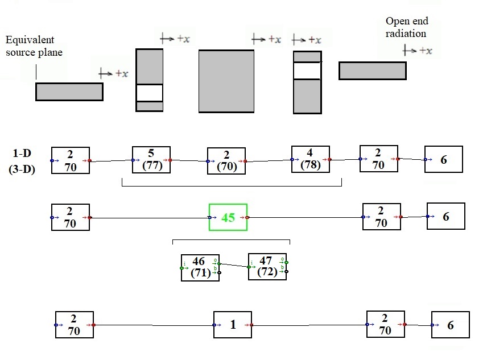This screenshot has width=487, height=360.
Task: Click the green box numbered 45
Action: tap(228, 217)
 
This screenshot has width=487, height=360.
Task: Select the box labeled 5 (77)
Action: tap(151, 160)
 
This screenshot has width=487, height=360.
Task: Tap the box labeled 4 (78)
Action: tap(310, 159)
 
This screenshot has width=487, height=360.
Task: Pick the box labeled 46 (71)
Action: tap(200, 267)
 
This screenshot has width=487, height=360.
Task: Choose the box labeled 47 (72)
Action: tap(267, 266)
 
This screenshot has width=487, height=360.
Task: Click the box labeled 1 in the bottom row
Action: tap(232, 325)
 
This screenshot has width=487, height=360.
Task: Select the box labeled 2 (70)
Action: tap(226, 161)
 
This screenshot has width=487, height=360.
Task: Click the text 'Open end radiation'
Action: tap(407, 27)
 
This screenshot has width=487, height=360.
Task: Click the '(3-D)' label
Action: tap(22, 169)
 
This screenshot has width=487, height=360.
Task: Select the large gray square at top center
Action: tap(226, 81)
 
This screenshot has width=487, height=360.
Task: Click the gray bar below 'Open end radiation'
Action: tap(372, 71)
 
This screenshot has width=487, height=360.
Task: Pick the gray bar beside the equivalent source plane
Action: tap(69, 92)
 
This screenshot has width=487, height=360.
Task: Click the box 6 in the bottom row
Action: tap(450, 325)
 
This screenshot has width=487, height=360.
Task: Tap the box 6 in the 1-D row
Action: tap(443, 159)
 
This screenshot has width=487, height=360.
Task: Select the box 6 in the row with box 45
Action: tap(445, 216)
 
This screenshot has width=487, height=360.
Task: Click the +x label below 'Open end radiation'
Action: tap(418, 51)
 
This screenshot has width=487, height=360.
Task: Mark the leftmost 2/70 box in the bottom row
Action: tap(74, 325)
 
